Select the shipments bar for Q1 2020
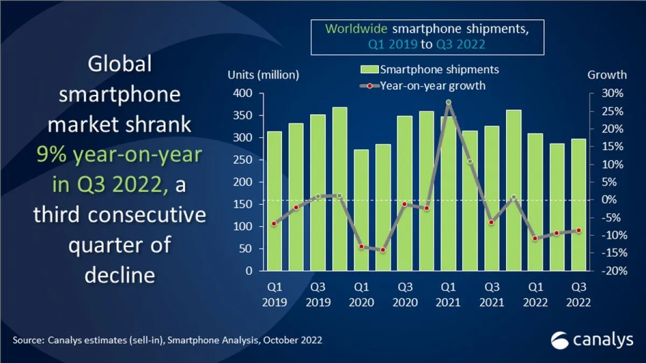[x=361, y=210]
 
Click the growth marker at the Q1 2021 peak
[x=448, y=102]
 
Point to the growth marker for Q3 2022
[x=579, y=231]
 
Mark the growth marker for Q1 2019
[x=274, y=224]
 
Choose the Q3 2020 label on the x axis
[x=405, y=295]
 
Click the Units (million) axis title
[x=263, y=75]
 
